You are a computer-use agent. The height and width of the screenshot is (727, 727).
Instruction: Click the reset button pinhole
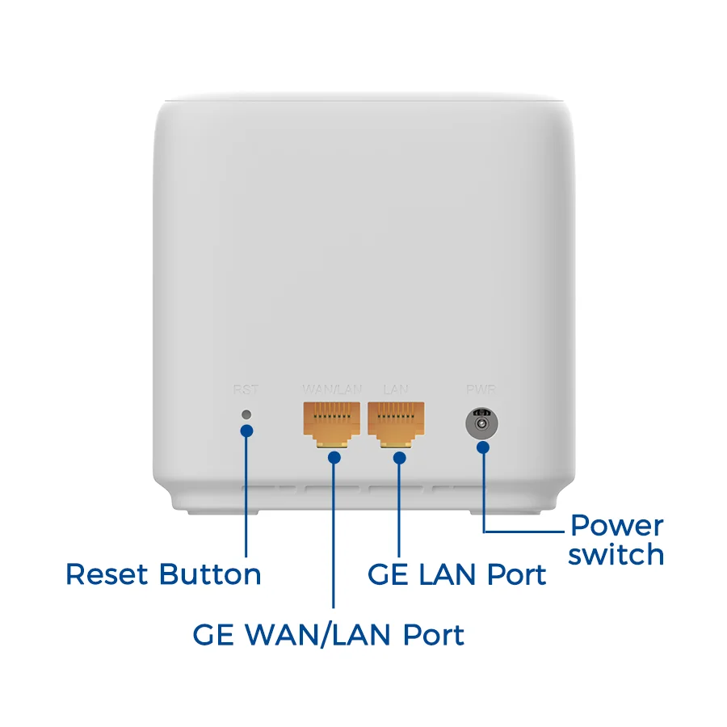coord(246,414)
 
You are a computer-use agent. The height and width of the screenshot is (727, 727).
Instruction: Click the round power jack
coord(482,422)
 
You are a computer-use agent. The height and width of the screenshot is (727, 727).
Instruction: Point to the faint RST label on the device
coord(246,389)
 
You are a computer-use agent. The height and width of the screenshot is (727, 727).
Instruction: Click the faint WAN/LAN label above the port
coord(332,389)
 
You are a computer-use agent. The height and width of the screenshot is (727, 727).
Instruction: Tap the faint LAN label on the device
coord(396,389)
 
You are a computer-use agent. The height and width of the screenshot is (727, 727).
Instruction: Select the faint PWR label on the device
coord(481,389)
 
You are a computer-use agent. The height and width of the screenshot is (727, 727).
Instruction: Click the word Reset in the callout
coord(107,574)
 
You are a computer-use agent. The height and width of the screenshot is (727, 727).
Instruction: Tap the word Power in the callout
coord(616,526)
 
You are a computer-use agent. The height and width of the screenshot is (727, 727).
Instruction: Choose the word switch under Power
coord(616,555)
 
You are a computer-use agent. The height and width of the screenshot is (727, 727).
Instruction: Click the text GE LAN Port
coord(456,574)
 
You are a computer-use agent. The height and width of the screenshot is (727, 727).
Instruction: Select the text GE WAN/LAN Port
coord(328,634)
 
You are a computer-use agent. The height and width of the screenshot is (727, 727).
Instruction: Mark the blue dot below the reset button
coord(246,431)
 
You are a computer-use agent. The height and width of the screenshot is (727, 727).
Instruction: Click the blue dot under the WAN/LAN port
coord(334,457)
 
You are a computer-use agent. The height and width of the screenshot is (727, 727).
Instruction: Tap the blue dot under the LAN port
coord(399,457)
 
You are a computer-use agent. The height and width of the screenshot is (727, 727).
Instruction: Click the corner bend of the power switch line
coord(484,531)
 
